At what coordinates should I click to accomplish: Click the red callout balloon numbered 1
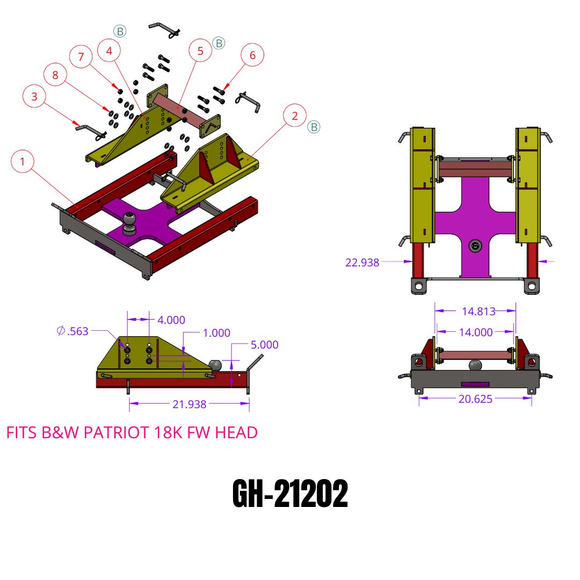tap(22, 162)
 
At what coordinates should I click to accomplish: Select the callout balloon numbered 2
tap(295, 116)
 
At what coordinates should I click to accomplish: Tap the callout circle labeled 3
tap(34, 96)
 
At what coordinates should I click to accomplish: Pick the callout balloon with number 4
tap(108, 50)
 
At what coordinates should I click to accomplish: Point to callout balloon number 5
tap(200, 50)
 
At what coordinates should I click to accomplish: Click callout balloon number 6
tap(252, 55)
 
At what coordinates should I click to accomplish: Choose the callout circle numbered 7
tap(81, 56)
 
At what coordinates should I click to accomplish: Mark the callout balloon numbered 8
tap(55, 75)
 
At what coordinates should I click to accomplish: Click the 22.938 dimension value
tap(362, 263)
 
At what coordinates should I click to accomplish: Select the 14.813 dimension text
tap(479, 311)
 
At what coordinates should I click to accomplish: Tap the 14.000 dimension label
tap(476, 332)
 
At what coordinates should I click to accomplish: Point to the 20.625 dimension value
tap(475, 398)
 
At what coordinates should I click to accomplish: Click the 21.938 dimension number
tap(190, 404)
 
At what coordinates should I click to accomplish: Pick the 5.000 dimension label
tap(264, 345)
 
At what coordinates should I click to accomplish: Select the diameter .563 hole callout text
tap(73, 331)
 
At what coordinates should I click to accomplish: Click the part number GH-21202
tap(291, 494)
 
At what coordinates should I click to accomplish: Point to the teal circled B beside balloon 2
tap(314, 127)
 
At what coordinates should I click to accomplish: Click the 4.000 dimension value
tap(171, 320)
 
